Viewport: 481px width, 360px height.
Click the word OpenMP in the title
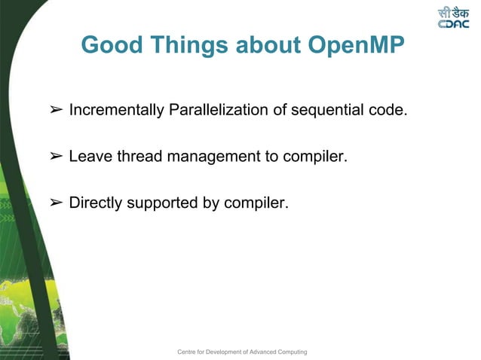coord(354,45)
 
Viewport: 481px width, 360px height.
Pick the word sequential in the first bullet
coord(326,111)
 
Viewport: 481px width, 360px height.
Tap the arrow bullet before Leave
coord(55,157)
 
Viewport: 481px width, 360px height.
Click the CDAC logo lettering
coord(455,24)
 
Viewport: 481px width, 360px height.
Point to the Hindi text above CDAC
coord(456,12)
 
